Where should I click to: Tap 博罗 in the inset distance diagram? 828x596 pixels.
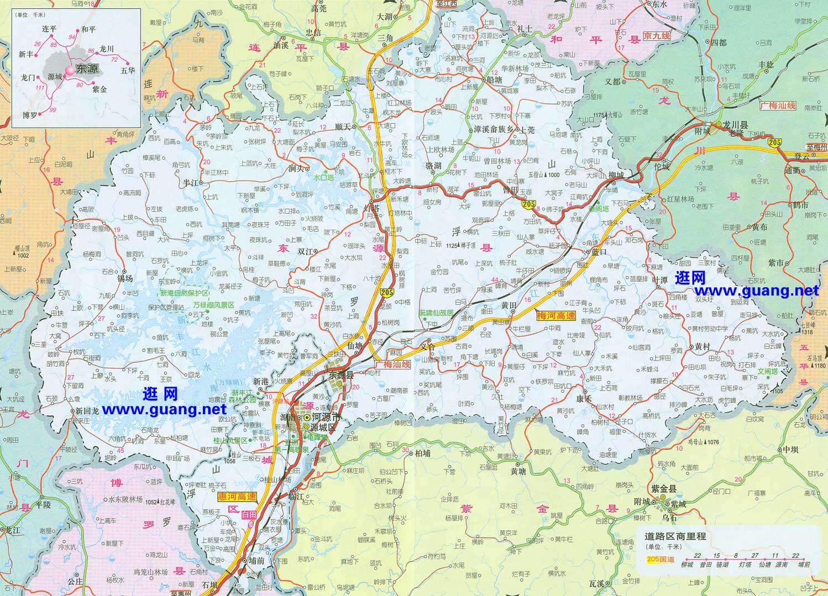click(x=29, y=115)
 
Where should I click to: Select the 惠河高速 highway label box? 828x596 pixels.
click(x=237, y=497)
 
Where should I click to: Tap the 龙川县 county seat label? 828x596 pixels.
click(x=736, y=125)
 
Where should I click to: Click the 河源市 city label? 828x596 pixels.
click(x=324, y=418)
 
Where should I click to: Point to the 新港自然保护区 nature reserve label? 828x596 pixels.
click(x=185, y=293)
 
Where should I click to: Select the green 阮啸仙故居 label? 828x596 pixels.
click(x=436, y=313)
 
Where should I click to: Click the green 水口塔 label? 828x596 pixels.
click(x=323, y=178)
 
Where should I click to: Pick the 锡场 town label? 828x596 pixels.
click(x=125, y=278)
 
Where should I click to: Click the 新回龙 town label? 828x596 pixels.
click(x=87, y=412)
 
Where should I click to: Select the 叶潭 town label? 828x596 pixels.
click(x=660, y=280)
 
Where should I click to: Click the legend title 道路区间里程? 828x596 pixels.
click(x=675, y=536)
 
